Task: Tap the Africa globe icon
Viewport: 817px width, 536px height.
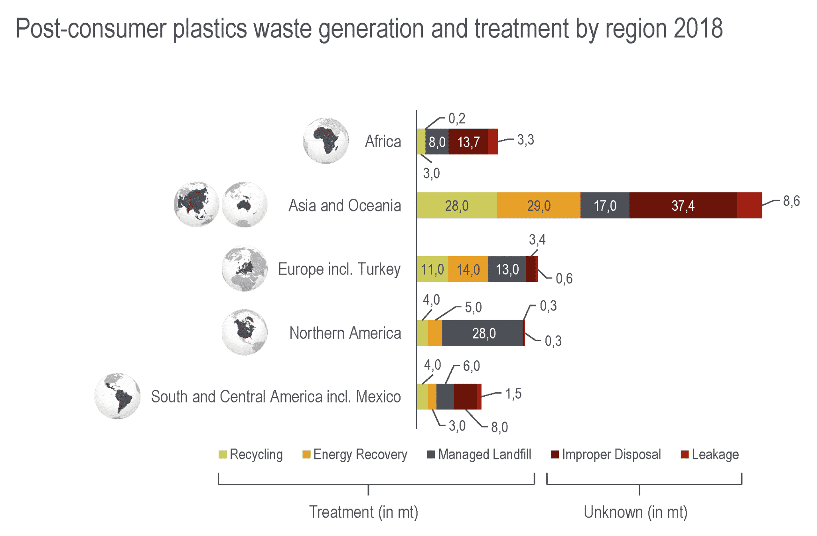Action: click(326, 141)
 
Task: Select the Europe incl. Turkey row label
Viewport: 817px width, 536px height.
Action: click(339, 269)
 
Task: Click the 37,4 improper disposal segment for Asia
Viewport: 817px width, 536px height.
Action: click(683, 206)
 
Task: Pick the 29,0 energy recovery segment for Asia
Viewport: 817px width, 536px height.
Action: click(538, 206)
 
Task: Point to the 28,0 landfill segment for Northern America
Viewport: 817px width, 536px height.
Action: click(483, 333)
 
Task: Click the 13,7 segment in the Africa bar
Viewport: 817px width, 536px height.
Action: click(468, 142)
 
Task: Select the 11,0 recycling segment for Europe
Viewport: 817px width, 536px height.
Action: click(432, 270)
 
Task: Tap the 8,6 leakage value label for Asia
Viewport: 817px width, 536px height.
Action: click(791, 201)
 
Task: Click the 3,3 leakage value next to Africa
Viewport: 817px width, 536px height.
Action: click(525, 140)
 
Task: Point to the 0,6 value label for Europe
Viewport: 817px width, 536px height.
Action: click(564, 279)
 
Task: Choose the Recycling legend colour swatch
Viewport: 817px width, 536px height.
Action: click(223, 455)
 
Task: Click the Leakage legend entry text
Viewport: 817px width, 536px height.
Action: click(715, 455)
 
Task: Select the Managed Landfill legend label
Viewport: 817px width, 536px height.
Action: click(484, 455)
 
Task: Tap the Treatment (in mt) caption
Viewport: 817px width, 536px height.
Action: click(363, 512)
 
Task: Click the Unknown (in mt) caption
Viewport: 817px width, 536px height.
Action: click(635, 512)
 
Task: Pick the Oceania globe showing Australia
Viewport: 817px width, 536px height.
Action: click(245, 205)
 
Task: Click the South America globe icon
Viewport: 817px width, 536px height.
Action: click(118, 396)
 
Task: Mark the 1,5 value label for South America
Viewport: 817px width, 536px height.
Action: click(513, 394)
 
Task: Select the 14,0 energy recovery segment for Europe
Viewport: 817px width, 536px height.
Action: click(468, 270)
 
